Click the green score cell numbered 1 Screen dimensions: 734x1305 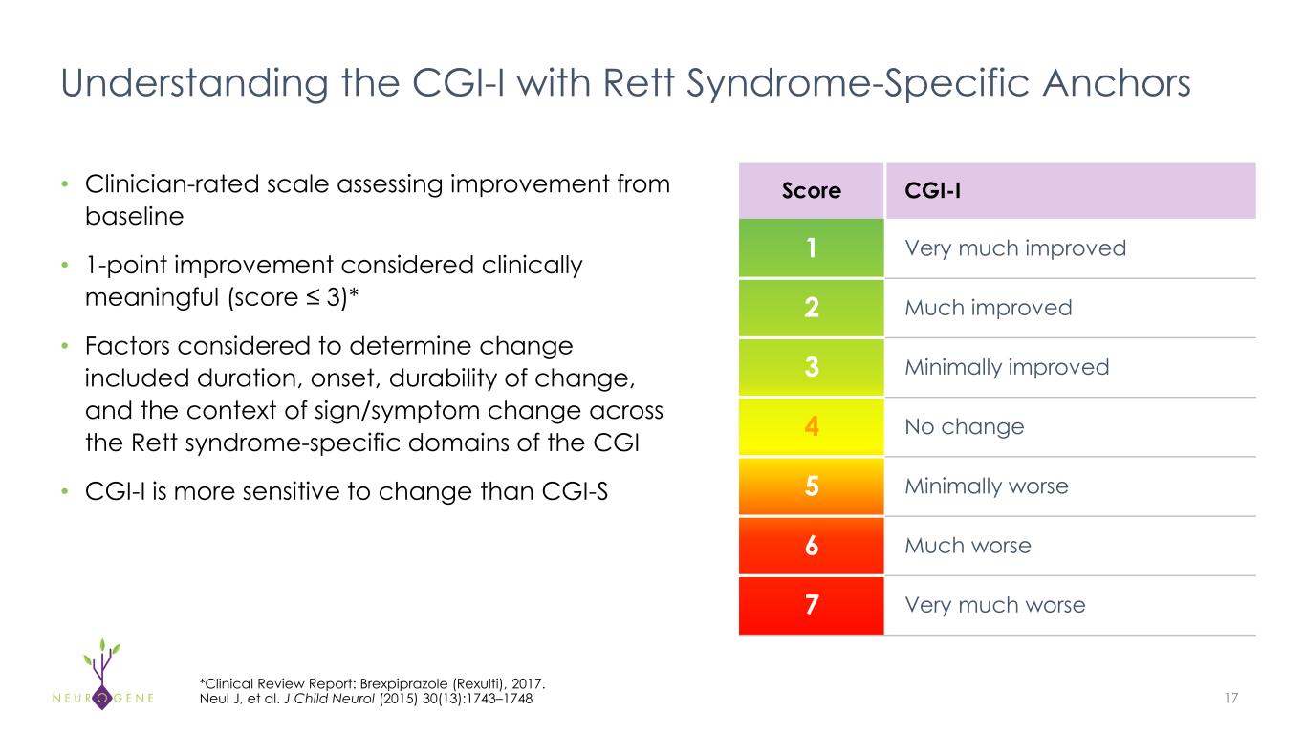coord(811,248)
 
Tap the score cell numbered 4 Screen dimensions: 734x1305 coord(811,426)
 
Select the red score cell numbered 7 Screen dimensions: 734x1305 coord(811,605)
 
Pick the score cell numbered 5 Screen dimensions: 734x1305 coord(811,486)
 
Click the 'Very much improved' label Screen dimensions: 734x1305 coord(1014,248)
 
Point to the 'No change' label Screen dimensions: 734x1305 coord(964,426)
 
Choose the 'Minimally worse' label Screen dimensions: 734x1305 coord(986,486)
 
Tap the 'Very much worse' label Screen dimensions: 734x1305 coord(994,605)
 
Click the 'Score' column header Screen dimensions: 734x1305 coord(811,190)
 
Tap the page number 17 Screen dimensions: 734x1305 coord(1230,699)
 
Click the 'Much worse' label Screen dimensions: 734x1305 coord(968,546)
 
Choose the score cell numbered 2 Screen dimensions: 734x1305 coord(811,308)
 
